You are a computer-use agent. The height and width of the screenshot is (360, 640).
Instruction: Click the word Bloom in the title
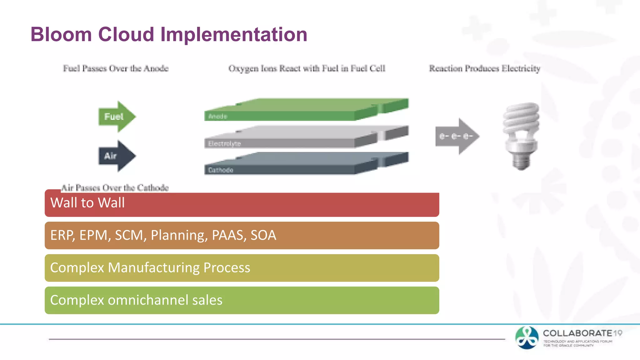[61, 34]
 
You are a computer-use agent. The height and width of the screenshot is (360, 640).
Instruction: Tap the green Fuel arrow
[116, 117]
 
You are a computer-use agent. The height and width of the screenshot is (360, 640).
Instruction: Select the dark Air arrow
[116, 156]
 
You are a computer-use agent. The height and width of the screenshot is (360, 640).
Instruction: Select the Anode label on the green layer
[218, 117]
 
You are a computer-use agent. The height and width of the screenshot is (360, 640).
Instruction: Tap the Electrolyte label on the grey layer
[224, 144]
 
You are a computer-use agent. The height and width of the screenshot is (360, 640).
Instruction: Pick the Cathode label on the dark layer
[221, 170]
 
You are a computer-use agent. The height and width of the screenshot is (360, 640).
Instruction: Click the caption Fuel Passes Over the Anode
[116, 68]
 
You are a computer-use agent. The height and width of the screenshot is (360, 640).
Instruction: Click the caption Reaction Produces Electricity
[484, 68]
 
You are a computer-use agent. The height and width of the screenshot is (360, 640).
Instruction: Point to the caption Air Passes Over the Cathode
[115, 187]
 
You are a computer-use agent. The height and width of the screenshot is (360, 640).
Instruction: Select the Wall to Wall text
[87, 203]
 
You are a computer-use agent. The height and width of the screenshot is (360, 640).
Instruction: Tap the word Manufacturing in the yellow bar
[153, 268]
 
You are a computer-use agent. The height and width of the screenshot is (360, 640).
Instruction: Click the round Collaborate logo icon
[527, 337]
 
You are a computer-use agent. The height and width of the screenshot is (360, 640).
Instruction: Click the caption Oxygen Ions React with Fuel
[307, 68]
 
